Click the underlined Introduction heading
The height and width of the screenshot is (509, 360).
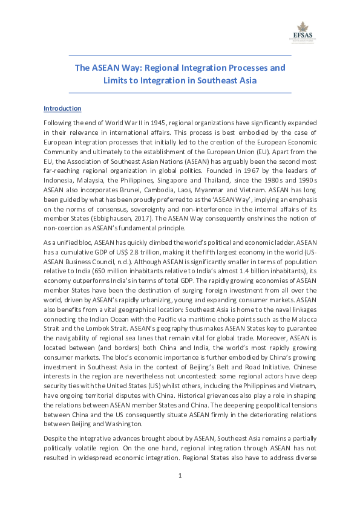pyautogui.click(x=62, y=109)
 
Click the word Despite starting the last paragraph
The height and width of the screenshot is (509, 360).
pyautogui.click(x=54, y=437)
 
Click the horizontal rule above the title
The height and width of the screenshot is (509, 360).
pyautogui.click(x=180, y=56)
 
